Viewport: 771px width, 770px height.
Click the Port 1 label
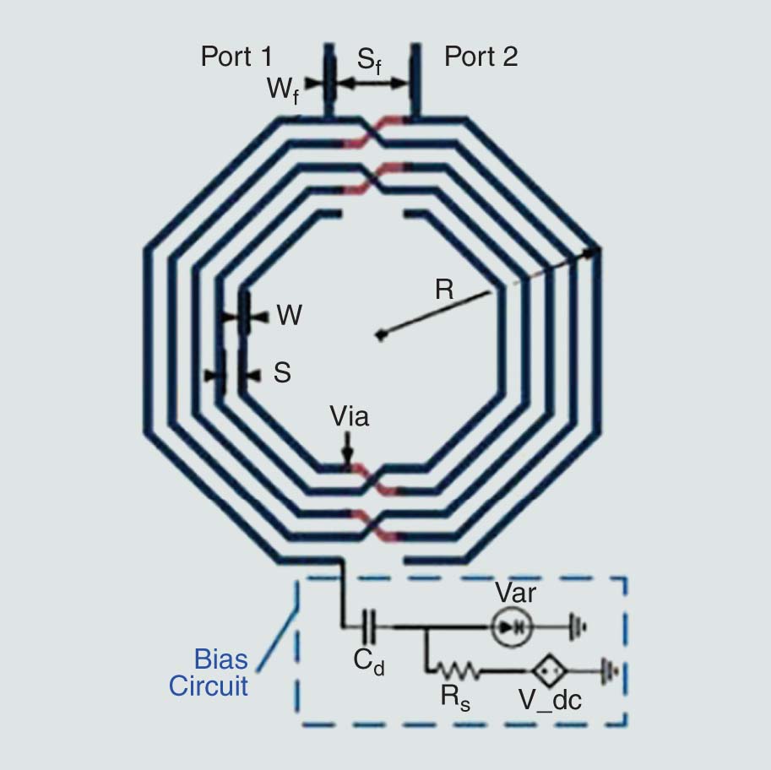(236, 57)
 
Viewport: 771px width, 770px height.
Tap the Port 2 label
(481, 57)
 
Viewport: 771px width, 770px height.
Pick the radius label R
(444, 290)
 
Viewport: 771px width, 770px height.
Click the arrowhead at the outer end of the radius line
(595, 251)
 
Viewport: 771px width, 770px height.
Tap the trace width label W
(289, 316)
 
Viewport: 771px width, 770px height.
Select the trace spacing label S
(282, 372)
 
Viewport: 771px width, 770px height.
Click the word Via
(349, 416)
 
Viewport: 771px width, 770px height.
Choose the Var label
(515, 593)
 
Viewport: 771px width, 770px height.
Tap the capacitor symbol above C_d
(370, 627)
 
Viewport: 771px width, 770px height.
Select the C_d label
(369, 664)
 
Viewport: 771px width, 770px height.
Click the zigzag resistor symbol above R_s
(457, 671)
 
